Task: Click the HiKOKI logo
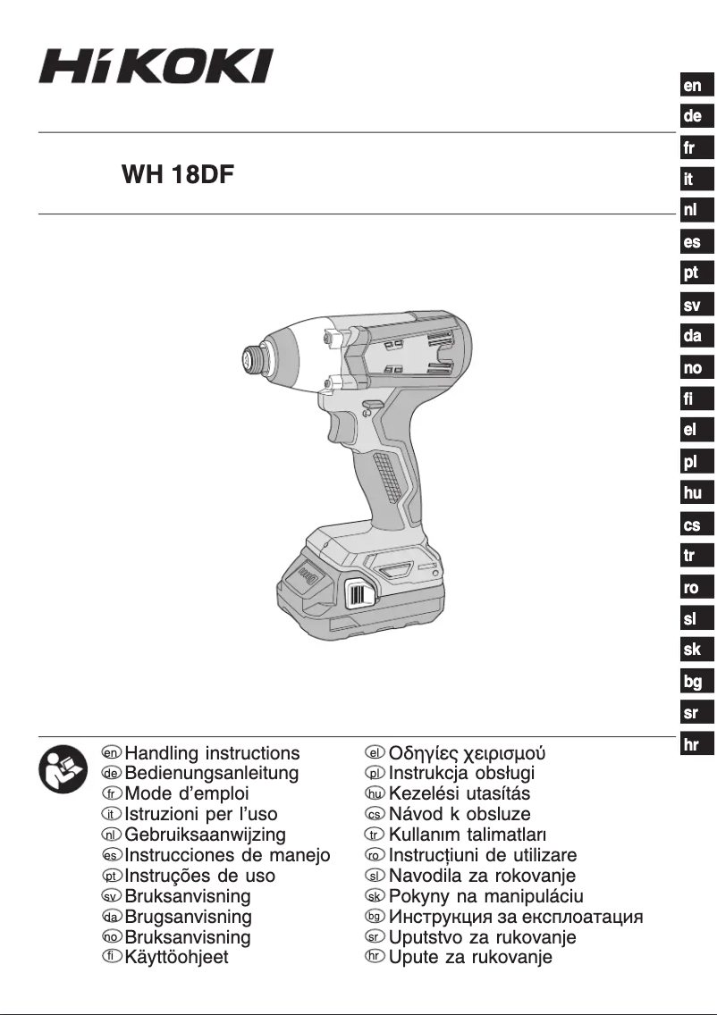155,67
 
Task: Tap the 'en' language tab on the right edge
693,86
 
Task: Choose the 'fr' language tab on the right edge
690,148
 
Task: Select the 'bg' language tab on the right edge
693,682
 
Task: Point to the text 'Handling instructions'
213,753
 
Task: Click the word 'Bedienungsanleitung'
212,774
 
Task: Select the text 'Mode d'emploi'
187,793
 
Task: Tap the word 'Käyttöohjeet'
177,957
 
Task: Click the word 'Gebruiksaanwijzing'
206,835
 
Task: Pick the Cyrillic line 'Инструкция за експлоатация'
516,917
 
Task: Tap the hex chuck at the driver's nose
252,360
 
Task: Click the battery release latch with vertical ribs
360,596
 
